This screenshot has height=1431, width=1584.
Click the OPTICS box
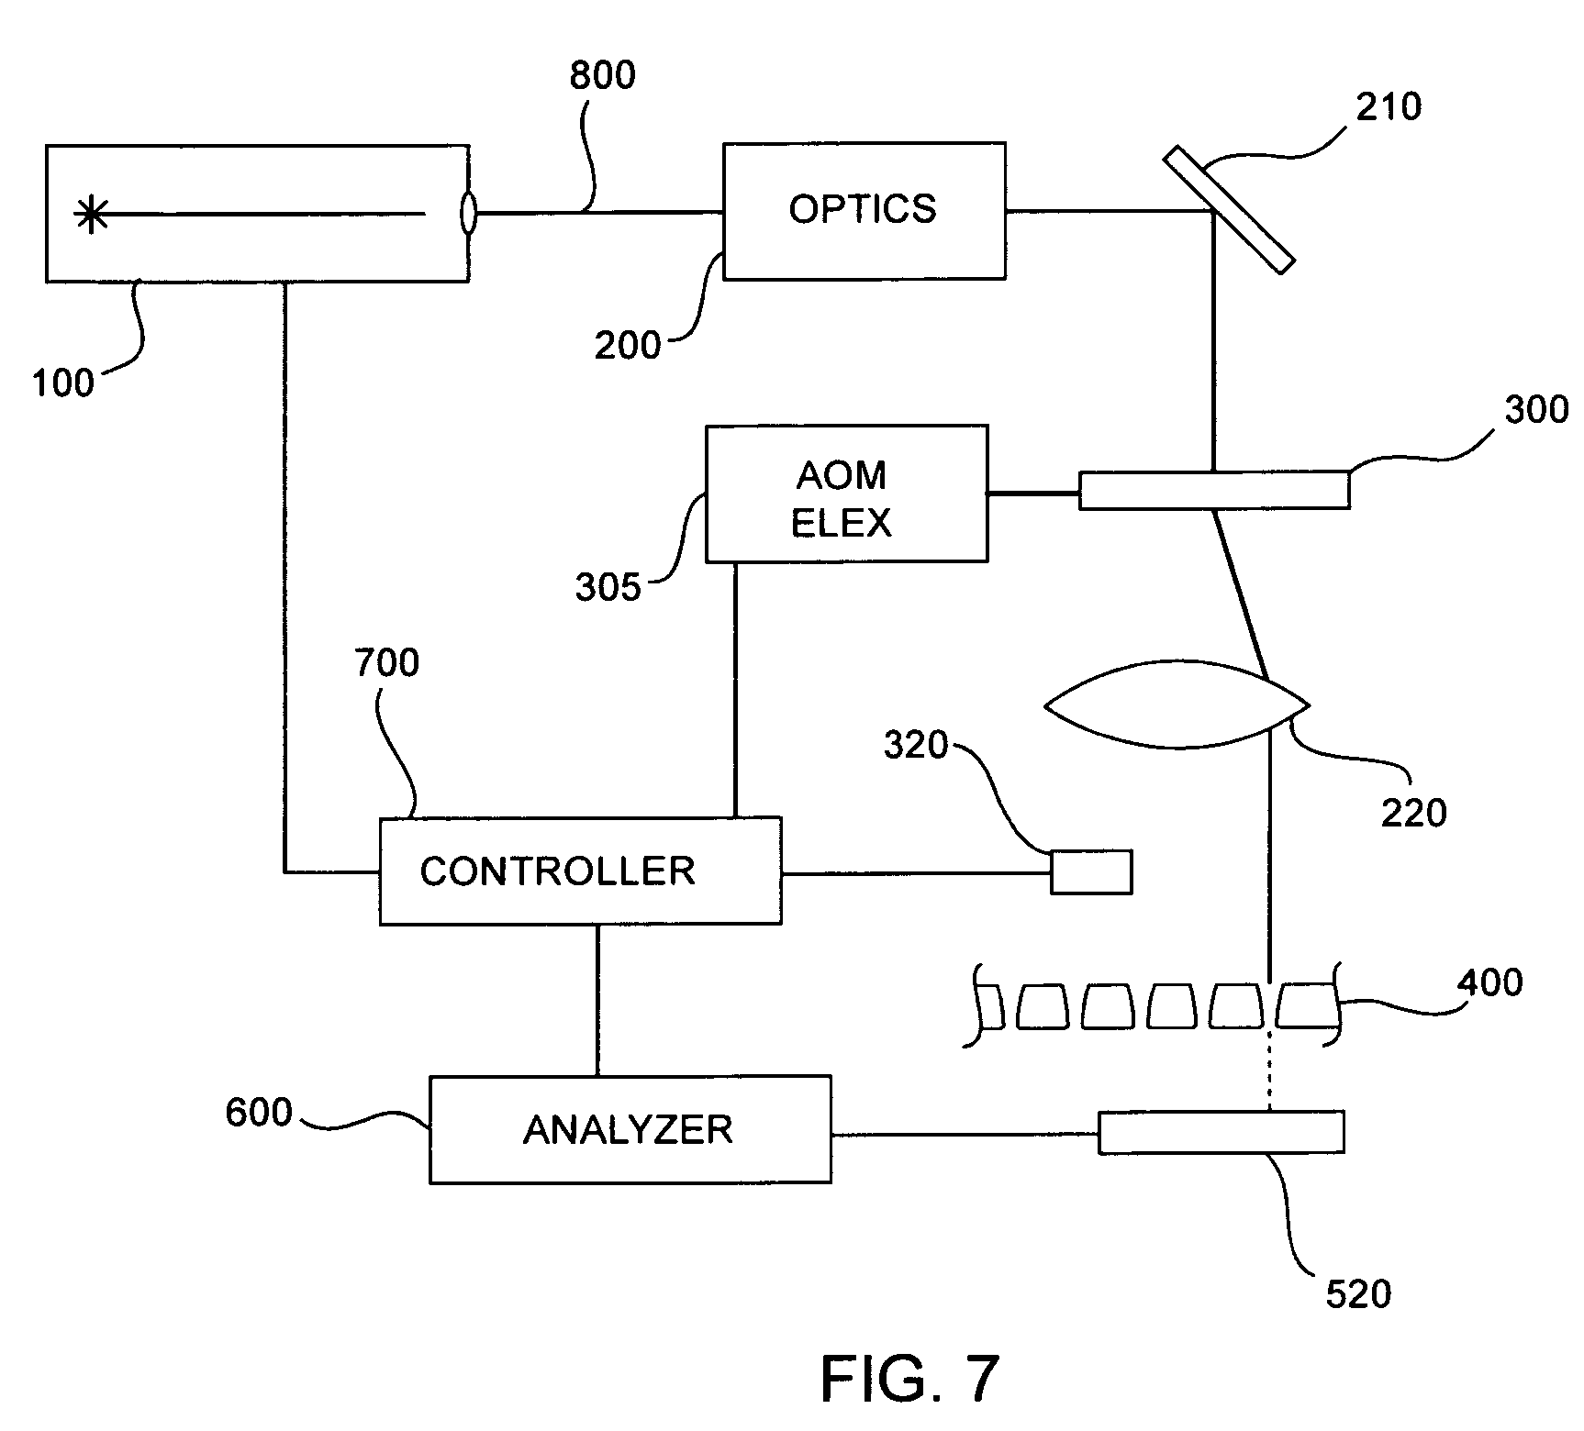pyautogui.click(x=864, y=211)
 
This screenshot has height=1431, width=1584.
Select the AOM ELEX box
pyautogui.click(x=846, y=494)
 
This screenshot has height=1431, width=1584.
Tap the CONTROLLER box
pyautogui.click(x=580, y=871)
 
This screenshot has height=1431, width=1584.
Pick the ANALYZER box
pyautogui.click(x=630, y=1130)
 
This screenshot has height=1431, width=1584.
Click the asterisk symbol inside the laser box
pyautogui.click(x=91, y=215)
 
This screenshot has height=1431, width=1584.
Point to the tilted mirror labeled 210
pyautogui.click(x=1229, y=212)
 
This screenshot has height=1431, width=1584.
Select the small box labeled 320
pyautogui.click(x=1090, y=871)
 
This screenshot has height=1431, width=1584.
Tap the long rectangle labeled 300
pyautogui.click(x=1213, y=490)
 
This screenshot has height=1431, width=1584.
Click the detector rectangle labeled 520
pyautogui.click(x=1221, y=1132)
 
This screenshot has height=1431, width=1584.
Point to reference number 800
pyautogui.click(x=602, y=76)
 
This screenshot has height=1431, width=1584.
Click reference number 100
pyautogui.click(x=63, y=383)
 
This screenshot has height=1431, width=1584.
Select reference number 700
pyautogui.click(x=386, y=662)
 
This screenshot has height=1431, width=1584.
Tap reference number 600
pyautogui.click(x=259, y=1113)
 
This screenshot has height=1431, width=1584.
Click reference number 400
pyautogui.click(x=1489, y=982)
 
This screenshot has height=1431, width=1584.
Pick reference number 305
pyautogui.click(x=608, y=587)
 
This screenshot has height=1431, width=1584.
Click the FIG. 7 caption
pyautogui.click(x=909, y=1379)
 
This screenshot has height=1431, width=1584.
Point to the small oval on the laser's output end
pyautogui.click(x=468, y=214)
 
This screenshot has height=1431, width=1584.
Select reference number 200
pyautogui.click(x=628, y=346)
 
